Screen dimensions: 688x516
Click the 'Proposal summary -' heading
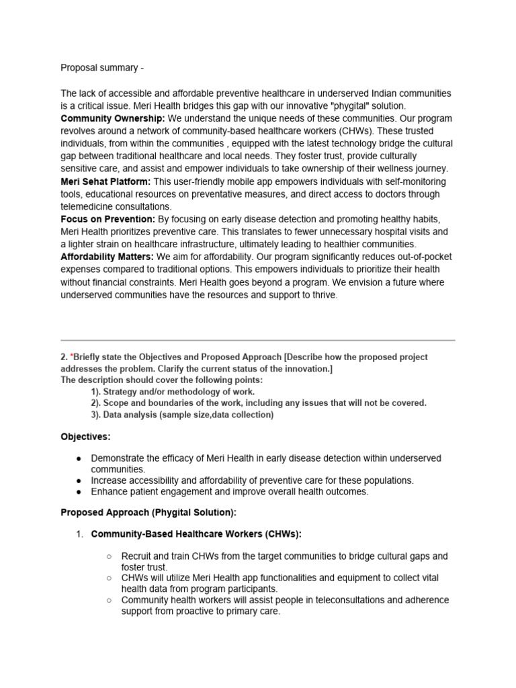coord(102,68)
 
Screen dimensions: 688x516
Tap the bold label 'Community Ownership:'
coord(113,119)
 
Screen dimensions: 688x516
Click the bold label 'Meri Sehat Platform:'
coord(106,182)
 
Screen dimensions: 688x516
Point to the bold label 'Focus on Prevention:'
coord(108,220)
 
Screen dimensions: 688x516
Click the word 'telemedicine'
coord(89,207)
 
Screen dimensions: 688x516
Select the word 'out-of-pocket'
coord(419,257)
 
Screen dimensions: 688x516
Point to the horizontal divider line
coord(258,340)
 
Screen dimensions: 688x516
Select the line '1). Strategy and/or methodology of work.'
coord(173,392)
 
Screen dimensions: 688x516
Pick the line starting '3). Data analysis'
coord(182,415)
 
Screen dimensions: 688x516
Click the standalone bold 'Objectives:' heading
coord(86,437)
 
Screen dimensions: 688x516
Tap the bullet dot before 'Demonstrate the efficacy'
coord(79,458)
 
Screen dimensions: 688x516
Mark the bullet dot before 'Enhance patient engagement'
coord(79,492)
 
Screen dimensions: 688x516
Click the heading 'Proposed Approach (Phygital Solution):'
coord(148,513)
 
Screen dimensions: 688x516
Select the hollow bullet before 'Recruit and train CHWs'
coord(110,557)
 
